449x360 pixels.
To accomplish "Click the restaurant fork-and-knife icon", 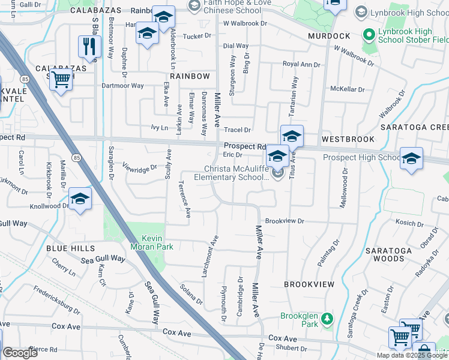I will [89, 46].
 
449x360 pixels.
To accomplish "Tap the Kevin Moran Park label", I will [152, 242].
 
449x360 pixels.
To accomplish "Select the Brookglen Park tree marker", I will [327, 318].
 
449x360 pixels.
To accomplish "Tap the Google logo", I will [20, 353].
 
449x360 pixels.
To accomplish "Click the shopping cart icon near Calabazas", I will [61, 79].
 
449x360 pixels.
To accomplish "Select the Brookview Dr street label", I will [285, 221].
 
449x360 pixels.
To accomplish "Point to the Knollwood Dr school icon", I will [80, 199].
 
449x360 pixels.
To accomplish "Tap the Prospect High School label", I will [361, 158].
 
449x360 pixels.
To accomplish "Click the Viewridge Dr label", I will [139, 167].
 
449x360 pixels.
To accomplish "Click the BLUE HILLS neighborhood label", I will [70, 248].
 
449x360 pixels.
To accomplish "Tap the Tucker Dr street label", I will [197, 36].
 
